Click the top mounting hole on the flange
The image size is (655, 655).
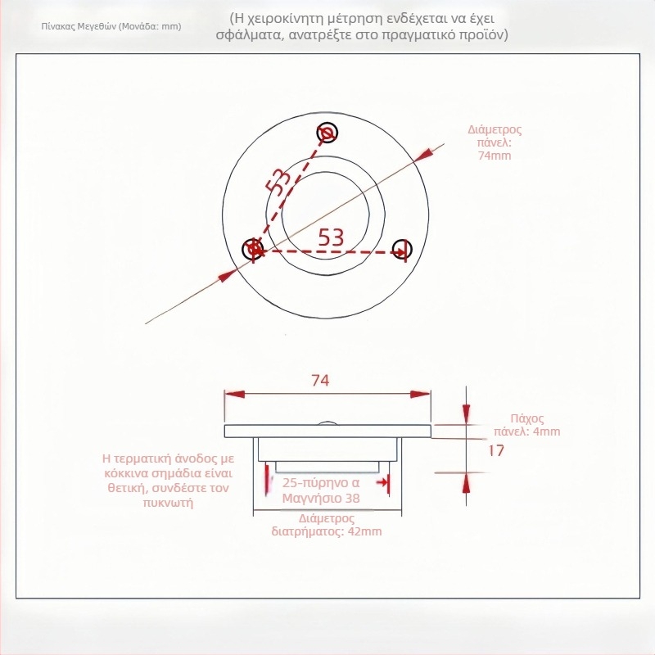tap(327, 133)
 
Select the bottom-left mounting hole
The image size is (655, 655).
tap(253, 249)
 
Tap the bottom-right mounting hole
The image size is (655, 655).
tap(402, 250)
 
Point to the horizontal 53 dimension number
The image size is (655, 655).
tap(331, 237)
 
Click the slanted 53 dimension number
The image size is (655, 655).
tap(278, 181)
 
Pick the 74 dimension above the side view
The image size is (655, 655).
tap(320, 380)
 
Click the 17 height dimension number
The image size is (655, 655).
tap(496, 450)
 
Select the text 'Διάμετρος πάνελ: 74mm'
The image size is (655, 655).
tap(495, 142)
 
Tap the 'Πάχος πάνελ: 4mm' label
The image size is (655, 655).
tap(527, 425)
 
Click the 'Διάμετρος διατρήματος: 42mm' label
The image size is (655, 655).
tap(327, 525)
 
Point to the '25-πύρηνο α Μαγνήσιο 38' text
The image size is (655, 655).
tap(321, 490)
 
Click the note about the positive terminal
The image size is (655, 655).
tap(169, 481)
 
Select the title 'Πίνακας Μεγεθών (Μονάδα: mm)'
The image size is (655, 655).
tap(111, 26)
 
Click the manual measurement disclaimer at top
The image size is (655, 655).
tap(362, 26)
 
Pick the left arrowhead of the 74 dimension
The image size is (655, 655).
tap(235, 394)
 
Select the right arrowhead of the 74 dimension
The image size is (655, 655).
tap(420, 394)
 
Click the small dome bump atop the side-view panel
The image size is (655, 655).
tap(328, 422)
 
